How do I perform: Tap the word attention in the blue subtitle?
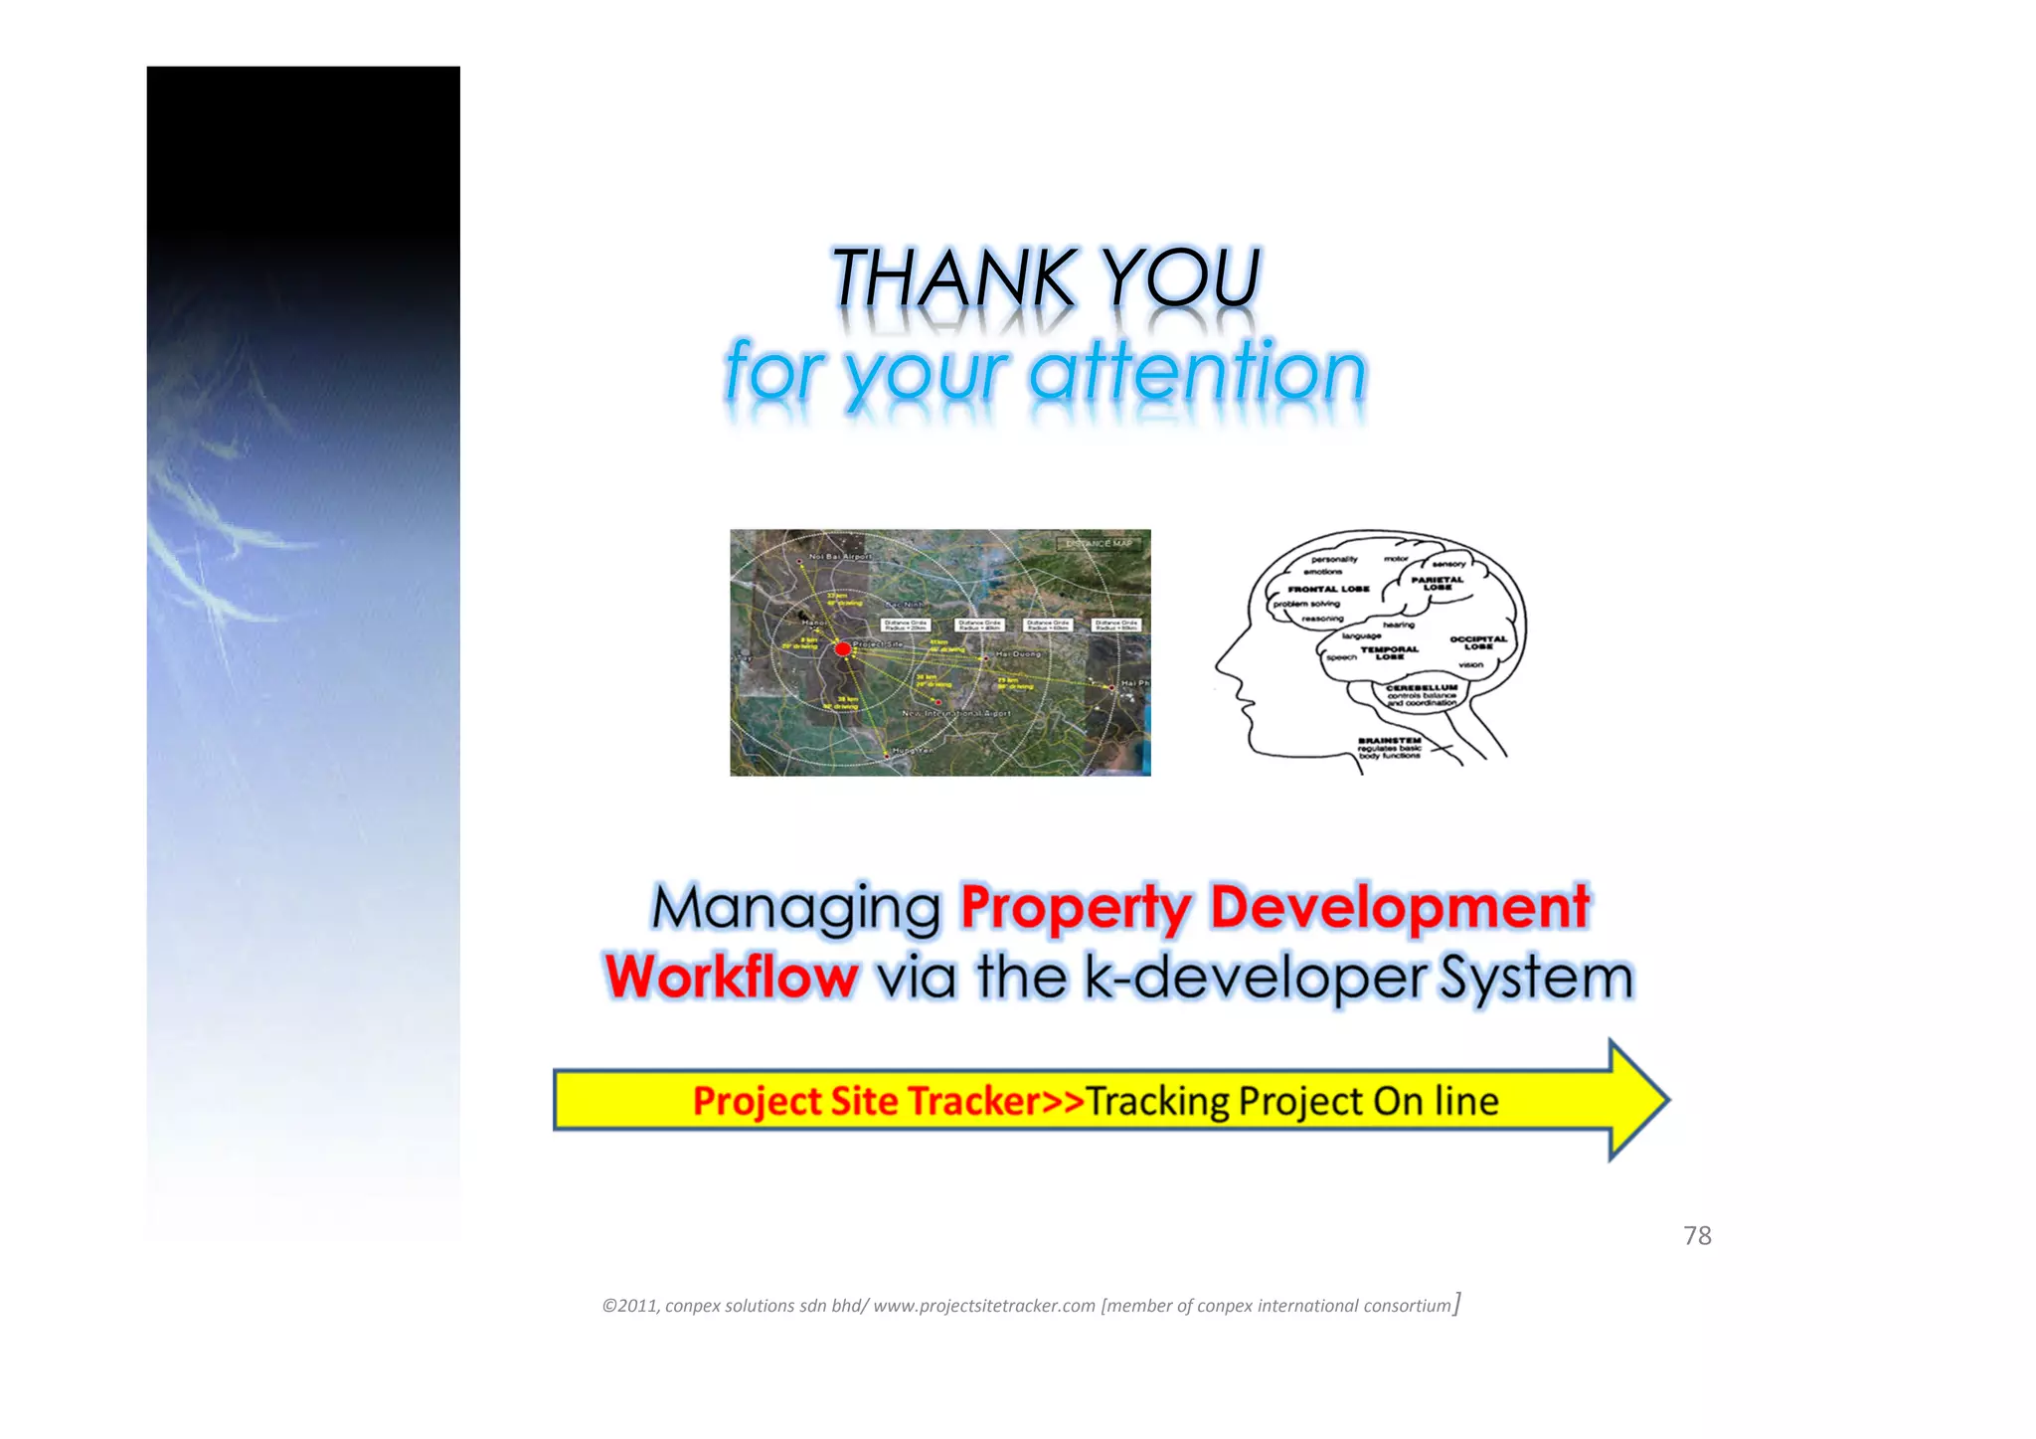click(1197, 372)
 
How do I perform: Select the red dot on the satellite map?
click(843, 649)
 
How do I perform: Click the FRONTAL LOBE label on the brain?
click(1328, 589)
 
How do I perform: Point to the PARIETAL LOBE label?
click(1438, 583)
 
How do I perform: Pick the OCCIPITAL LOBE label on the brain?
click(1478, 642)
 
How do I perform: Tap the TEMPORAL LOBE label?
click(1390, 652)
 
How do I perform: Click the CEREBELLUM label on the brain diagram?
click(1422, 687)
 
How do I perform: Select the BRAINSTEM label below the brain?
click(1390, 741)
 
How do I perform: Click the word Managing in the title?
click(796, 908)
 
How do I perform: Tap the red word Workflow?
click(732, 977)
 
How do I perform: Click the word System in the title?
click(1537, 979)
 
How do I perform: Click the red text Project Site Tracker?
click(866, 1101)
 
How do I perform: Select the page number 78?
click(1697, 1235)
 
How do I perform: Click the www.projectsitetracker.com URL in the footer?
click(983, 1306)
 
